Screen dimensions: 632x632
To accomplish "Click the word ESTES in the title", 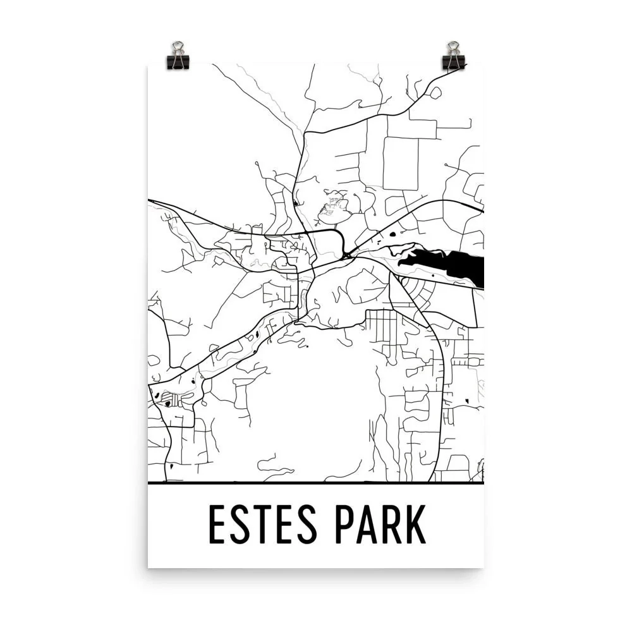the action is (265, 524).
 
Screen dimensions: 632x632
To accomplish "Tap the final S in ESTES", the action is (312, 524).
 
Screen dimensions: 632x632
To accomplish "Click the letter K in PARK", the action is (416, 524).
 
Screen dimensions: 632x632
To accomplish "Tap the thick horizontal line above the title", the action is (315, 483).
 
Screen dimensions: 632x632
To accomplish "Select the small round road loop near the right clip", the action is (435, 92).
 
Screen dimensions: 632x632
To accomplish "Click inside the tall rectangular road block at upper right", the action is (401, 163).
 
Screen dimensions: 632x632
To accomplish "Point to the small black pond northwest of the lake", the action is (392, 234).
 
